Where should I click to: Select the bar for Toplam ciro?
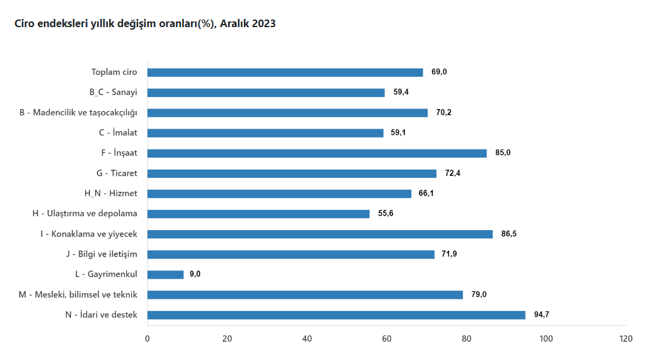[285, 73]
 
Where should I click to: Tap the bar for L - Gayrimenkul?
[165, 274]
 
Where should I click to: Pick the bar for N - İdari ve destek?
[336, 315]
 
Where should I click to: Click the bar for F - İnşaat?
[317, 153]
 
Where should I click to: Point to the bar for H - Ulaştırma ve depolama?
[258, 214]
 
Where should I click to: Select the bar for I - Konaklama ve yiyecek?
[320, 234]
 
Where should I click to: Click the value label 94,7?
[542, 315]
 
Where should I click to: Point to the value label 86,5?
[509, 234]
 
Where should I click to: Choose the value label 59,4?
[401, 93]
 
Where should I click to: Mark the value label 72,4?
[453, 173]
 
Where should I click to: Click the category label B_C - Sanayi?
[113, 93]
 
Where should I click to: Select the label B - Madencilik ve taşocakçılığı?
[78, 113]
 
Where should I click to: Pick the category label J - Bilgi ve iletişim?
[101, 254]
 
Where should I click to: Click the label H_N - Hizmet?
[112, 194]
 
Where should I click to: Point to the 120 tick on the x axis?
[626, 339]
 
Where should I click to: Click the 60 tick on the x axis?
[387, 339]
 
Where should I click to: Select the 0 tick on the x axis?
[147, 339]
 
